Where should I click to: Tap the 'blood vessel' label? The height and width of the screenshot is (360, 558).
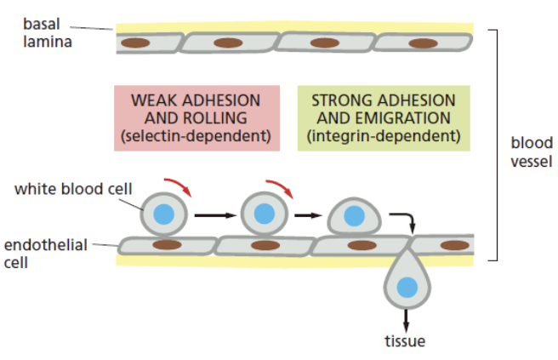[531, 151]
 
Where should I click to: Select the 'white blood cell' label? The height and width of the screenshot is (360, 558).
[72, 188]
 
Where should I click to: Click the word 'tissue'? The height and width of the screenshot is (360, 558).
[405, 342]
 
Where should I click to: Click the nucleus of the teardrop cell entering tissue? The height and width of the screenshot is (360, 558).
[408, 289]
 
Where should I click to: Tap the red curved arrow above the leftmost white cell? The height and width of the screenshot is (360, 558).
[179, 185]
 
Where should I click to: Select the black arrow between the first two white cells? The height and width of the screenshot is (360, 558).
[212, 215]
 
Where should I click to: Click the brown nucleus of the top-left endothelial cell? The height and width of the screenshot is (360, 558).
[136, 42]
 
